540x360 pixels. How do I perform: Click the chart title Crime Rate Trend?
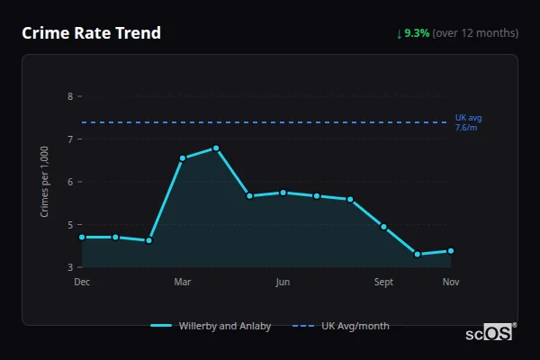coord(91,33)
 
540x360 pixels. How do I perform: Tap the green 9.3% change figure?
coord(417,33)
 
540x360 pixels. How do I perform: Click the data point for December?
coord(82,237)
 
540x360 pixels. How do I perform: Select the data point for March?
coord(183,158)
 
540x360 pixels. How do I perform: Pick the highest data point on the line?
coord(216,148)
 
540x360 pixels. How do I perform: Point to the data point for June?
coord(283,193)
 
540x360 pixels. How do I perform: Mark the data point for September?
coord(383,227)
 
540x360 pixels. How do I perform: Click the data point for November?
coord(451,251)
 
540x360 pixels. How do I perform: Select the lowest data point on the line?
coord(418,254)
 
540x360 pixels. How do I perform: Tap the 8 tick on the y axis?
coord(71,95)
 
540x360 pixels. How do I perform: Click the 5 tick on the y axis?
coord(71,224)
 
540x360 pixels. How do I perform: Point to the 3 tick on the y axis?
coord(71,267)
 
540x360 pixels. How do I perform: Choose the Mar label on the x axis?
coord(183,283)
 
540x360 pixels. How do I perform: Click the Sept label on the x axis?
coord(383,283)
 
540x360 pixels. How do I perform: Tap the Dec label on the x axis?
coord(82,283)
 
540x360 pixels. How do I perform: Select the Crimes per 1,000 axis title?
coord(45,181)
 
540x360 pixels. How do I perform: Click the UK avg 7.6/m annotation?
coord(469,122)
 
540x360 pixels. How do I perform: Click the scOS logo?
coord(490,333)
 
